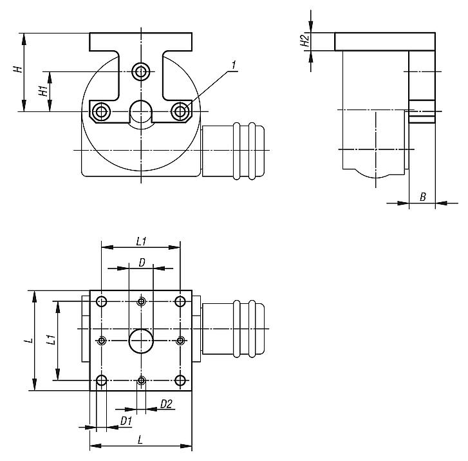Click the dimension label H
click(x=20, y=68)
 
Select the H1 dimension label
click(x=43, y=90)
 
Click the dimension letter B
click(x=423, y=197)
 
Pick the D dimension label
click(x=142, y=262)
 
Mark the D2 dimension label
click(x=165, y=404)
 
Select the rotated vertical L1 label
click(x=51, y=340)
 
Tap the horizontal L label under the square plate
click(x=141, y=440)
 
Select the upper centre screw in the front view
click(x=141, y=71)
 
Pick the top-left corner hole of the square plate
click(x=102, y=301)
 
